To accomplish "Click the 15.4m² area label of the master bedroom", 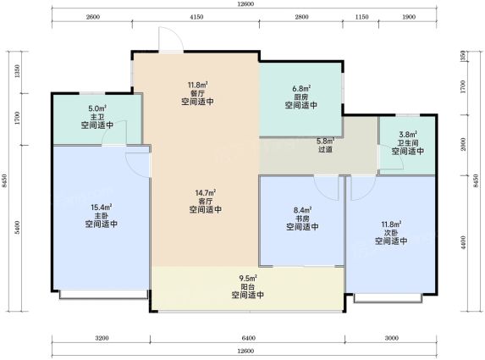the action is [x=102, y=207].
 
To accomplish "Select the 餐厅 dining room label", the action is [x=198, y=93].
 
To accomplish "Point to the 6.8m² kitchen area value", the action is [x=301, y=89].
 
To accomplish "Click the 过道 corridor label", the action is [x=325, y=150].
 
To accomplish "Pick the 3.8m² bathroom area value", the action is [x=408, y=135].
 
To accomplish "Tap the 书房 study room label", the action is [x=302, y=219].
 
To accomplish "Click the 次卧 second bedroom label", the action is [x=391, y=233].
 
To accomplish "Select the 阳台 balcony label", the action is [x=247, y=286].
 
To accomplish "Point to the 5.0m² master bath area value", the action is [x=97, y=108].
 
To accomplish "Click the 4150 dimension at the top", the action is [x=196, y=17].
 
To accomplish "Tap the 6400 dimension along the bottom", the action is [x=248, y=338].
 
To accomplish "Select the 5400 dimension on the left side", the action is [x=17, y=228].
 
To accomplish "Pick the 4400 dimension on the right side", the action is [x=463, y=243].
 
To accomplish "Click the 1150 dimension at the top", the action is [x=361, y=17].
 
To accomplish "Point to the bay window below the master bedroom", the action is [x=103, y=295].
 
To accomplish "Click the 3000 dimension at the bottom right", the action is [x=391, y=338].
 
